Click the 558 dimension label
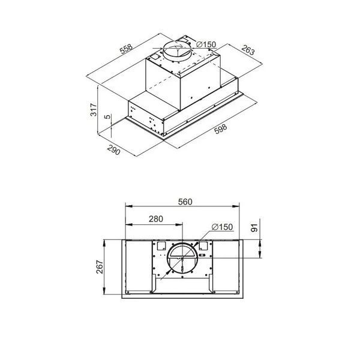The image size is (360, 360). click(126, 49)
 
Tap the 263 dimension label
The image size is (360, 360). click(248, 49)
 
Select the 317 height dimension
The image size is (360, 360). click(94, 110)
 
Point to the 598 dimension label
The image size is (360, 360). click(220, 128)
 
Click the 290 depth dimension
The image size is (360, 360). click(113, 149)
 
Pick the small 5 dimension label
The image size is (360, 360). click(107, 116)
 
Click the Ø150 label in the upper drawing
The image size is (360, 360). click(206, 44)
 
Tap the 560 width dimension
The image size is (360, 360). click(185, 202)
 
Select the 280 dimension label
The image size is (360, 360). click(156, 219)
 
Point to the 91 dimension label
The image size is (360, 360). click(254, 227)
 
